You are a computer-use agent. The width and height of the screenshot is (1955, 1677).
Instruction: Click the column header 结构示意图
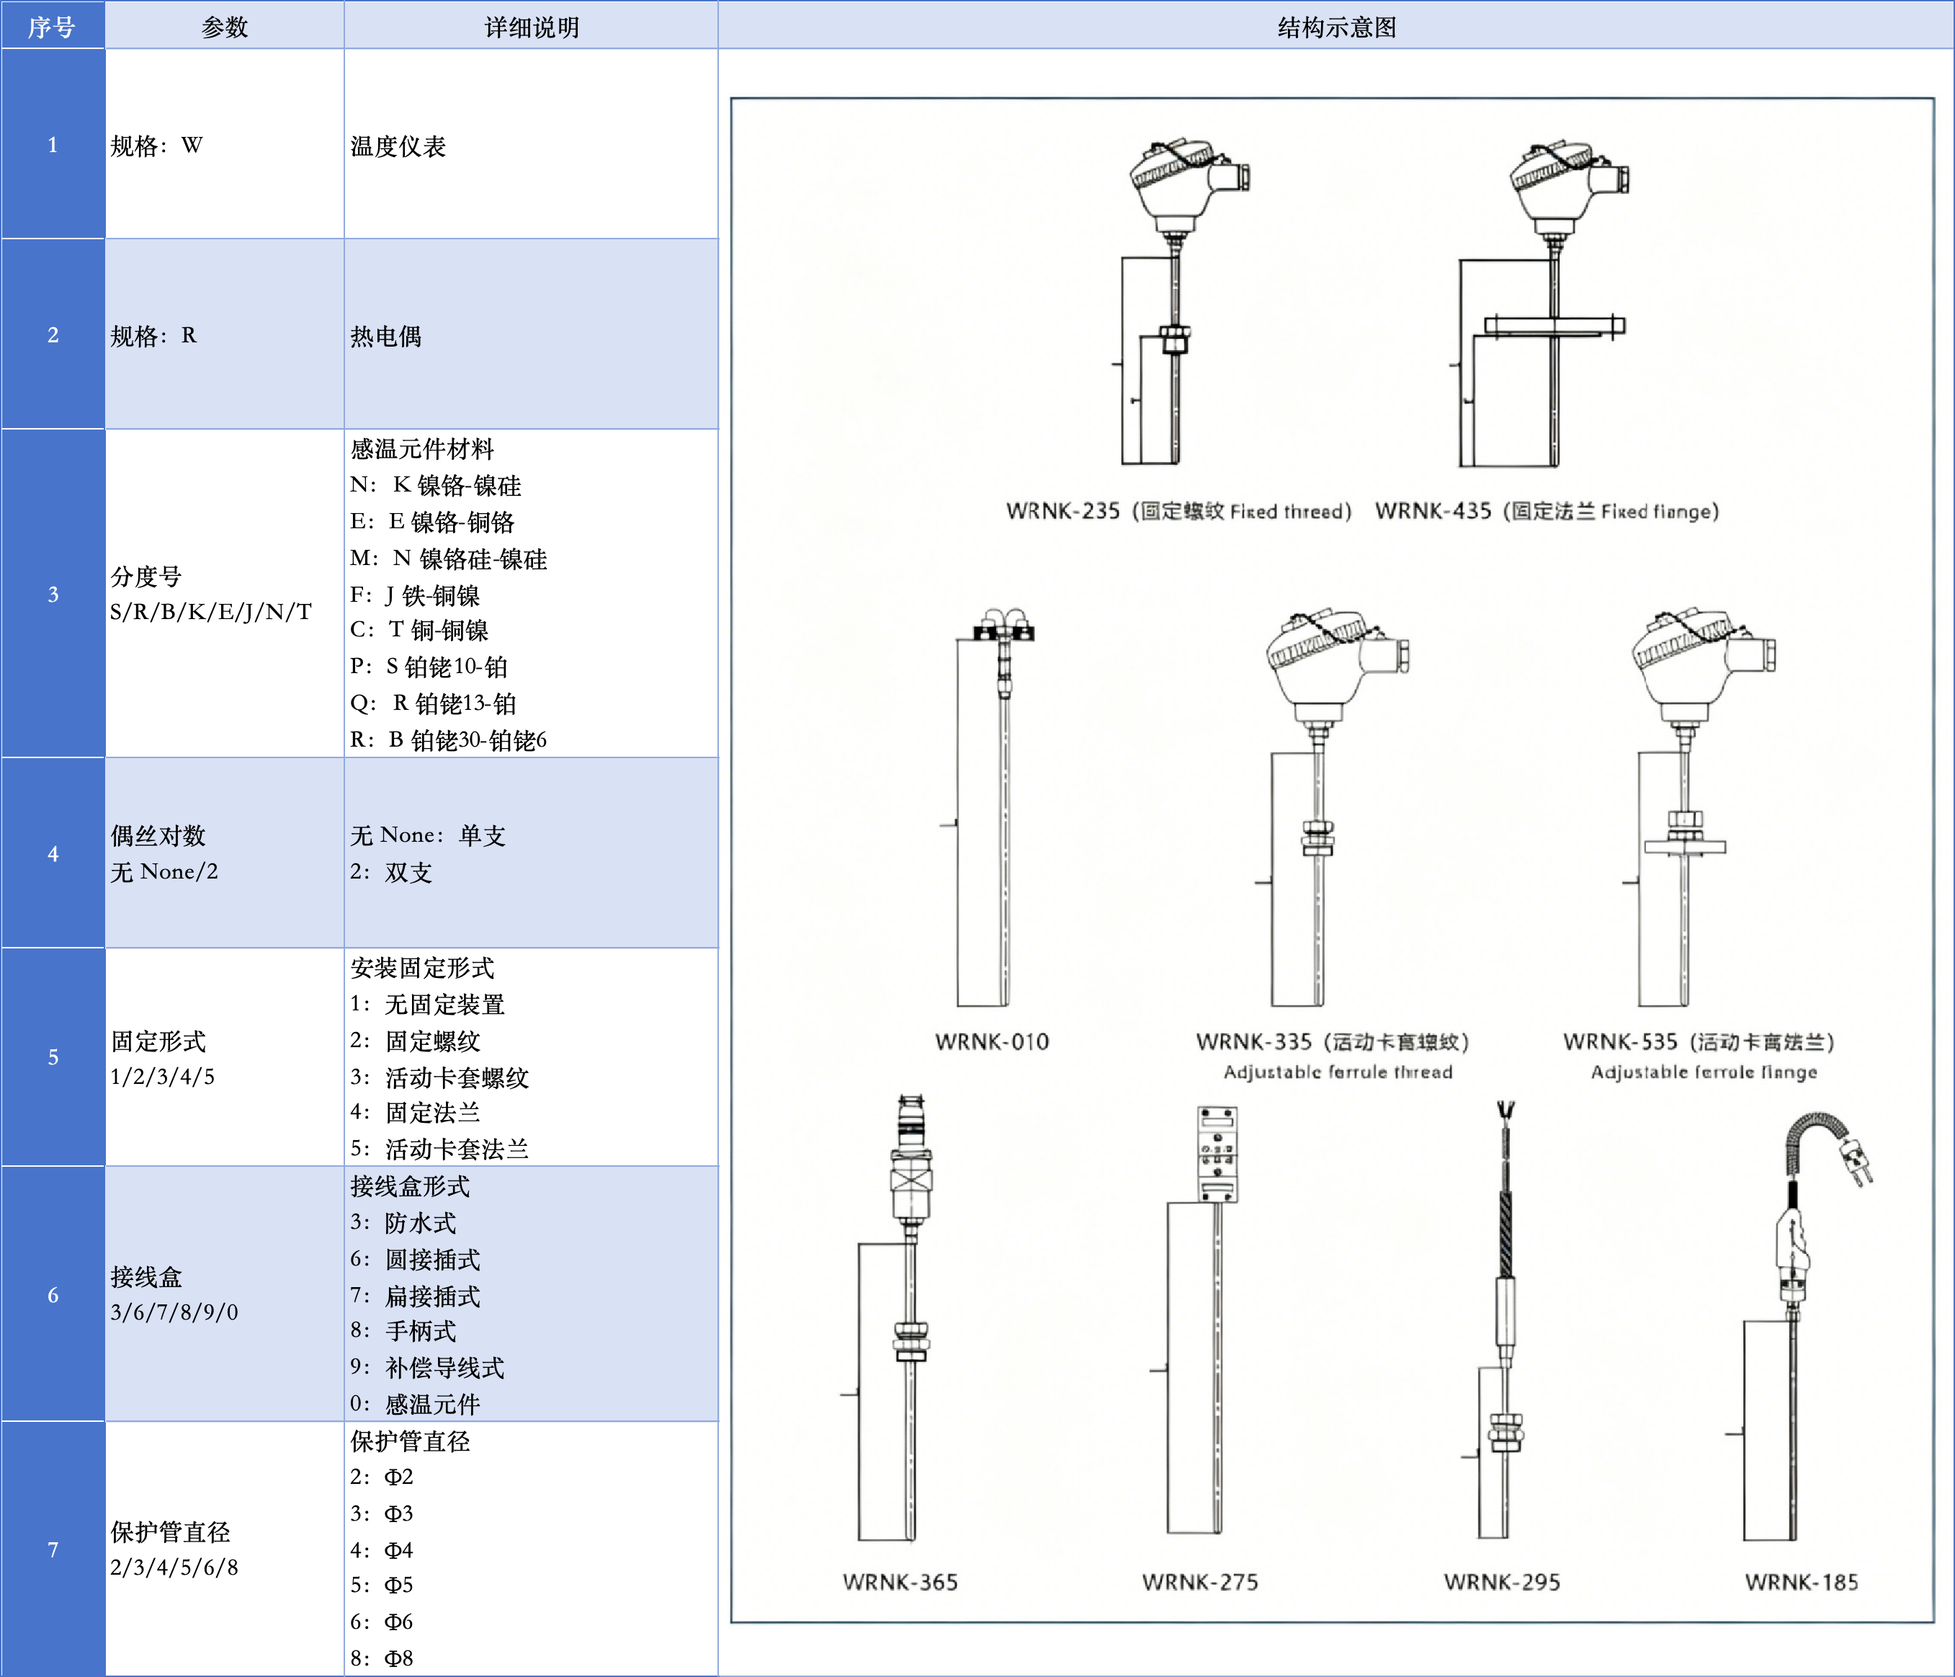point(1336,27)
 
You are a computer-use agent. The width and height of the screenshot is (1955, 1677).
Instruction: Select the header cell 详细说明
point(531,27)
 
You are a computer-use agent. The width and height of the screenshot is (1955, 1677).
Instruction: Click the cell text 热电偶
point(386,336)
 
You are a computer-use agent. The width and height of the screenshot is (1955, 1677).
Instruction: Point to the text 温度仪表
point(397,146)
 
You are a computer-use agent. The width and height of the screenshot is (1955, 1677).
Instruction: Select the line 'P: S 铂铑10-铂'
point(429,667)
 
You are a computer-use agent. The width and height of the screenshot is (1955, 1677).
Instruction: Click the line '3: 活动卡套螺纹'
point(439,1077)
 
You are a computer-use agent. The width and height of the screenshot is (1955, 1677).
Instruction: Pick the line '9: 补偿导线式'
point(426,1367)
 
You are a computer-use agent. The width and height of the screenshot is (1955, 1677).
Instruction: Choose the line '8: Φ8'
point(381,1658)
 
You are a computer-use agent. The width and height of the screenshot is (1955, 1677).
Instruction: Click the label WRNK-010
point(992,1042)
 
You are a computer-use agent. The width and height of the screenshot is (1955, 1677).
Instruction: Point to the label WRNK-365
point(900,1582)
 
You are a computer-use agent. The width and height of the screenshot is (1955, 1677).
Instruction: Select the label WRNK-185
point(1800,1582)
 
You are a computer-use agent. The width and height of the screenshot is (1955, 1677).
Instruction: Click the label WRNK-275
point(1199,1582)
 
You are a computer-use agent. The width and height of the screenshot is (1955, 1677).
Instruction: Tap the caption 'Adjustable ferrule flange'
point(1703,1072)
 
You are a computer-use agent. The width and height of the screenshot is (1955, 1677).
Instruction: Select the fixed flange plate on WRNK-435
point(1553,326)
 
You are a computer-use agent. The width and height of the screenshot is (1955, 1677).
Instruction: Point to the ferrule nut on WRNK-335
point(1318,837)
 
